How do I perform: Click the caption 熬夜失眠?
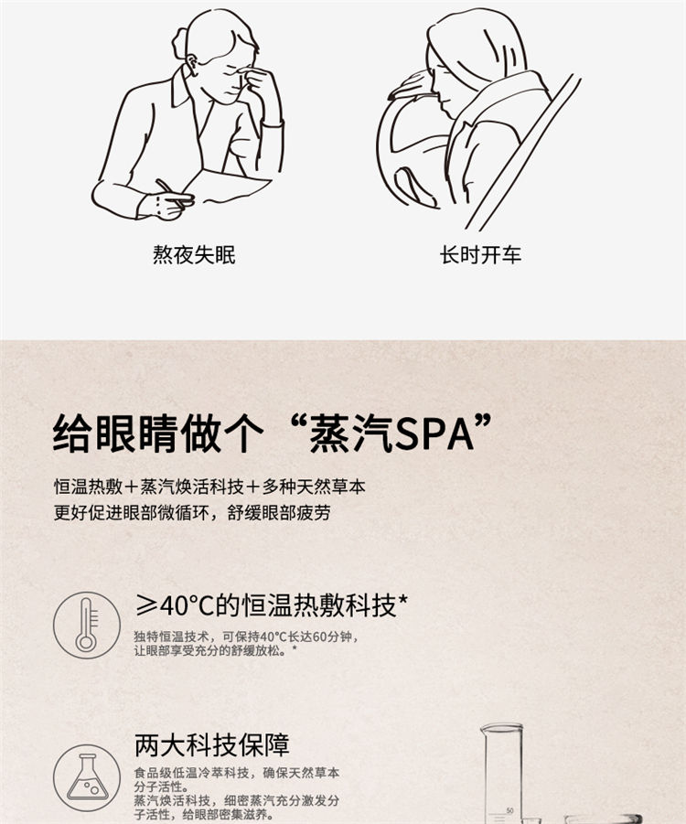coord(194,254)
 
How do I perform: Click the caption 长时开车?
coord(480,255)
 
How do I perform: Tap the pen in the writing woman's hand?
coord(174,193)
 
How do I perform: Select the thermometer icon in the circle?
coord(87,625)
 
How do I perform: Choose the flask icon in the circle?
coord(87,777)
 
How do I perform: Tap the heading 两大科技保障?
coord(212,744)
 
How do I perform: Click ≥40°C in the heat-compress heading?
coord(175,605)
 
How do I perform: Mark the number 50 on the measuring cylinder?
coord(509,811)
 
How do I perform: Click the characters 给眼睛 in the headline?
coord(115,434)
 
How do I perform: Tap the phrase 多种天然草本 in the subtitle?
coord(314,487)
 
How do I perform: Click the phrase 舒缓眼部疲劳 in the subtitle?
coord(279,512)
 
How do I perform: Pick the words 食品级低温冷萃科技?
coord(191,773)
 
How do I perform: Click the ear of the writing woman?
coord(192,64)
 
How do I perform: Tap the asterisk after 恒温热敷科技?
coord(403,599)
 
